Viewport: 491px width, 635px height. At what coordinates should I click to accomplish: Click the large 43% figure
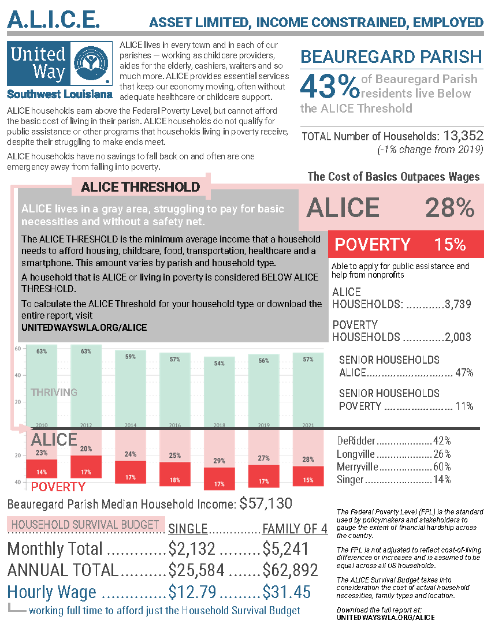(x=329, y=86)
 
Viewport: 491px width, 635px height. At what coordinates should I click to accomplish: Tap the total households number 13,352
(x=463, y=136)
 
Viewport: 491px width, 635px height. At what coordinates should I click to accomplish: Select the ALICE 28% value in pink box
(x=449, y=208)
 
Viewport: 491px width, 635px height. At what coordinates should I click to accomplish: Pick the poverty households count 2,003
(x=458, y=337)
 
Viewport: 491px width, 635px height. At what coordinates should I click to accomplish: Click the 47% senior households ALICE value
(x=464, y=373)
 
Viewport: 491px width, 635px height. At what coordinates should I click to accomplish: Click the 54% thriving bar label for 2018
(x=220, y=363)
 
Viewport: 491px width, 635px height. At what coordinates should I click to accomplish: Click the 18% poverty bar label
(x=175, y=480)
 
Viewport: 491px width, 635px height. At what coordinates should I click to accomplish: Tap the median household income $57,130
(x=266, y=503)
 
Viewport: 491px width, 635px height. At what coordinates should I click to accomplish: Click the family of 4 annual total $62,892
(x=290, y=570)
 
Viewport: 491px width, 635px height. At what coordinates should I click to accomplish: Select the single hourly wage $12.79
(x=192, y=592)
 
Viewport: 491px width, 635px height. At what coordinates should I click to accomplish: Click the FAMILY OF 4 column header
(x=295, y=529)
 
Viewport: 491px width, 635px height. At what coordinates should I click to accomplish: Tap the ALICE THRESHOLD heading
(x=140, y=187)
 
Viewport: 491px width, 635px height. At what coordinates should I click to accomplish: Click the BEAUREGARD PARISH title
(x=391, y=57)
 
